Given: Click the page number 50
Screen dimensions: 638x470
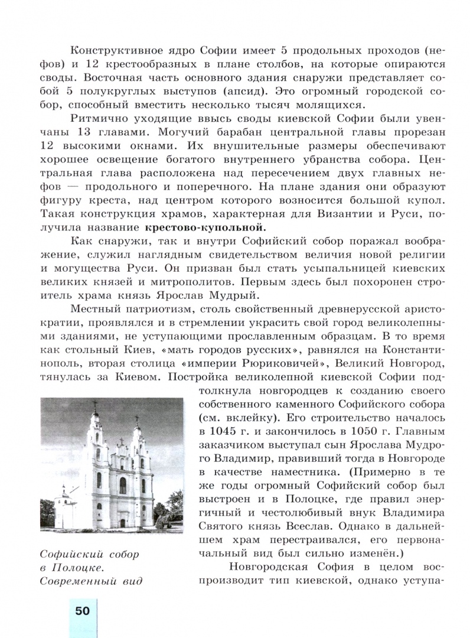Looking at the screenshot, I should click(x=82, y=610).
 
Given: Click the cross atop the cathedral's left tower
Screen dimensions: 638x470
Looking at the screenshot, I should click(x=94, y=406).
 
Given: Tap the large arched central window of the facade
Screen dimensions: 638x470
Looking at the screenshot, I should click(x=123, y=485).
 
